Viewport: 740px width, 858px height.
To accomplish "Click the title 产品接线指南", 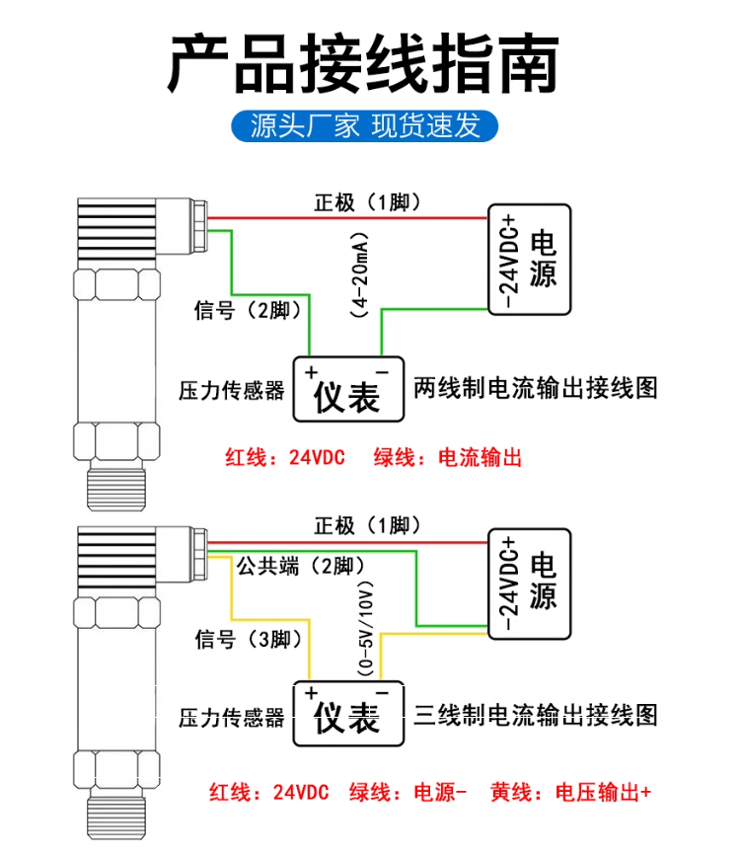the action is click(363, 63).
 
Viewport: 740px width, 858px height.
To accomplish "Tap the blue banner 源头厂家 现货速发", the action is click(365, 125).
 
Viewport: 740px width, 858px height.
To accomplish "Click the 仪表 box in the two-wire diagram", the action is click(349, 389).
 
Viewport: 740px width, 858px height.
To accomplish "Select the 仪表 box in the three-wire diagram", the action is click(349, 714).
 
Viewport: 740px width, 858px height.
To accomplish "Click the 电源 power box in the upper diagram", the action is click(530, 260).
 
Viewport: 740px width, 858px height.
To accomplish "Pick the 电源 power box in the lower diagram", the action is click(530, 584).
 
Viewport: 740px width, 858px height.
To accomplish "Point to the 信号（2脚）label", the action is click(248, 310).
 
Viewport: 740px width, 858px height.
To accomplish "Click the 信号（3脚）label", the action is click(249, 639).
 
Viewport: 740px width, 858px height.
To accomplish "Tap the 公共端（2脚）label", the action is click(300, 565).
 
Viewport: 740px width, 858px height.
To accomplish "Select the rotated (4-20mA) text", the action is click(359, 274).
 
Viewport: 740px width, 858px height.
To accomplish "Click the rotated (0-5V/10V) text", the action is click(365, 628).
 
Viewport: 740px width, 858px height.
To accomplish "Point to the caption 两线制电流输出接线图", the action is click(536, 388).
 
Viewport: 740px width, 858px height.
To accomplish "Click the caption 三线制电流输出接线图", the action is click(536, 715).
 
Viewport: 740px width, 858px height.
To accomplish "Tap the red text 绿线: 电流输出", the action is click(447, 457).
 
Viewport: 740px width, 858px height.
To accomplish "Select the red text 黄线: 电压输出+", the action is click(570, 792).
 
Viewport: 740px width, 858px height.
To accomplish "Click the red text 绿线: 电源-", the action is click(408, 792).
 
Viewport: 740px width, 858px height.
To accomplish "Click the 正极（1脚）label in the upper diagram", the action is click(368, 202).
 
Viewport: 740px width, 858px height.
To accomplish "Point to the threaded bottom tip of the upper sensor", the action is click(116, 491).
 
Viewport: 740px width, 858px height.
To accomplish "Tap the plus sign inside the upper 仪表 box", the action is click(311, 372).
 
